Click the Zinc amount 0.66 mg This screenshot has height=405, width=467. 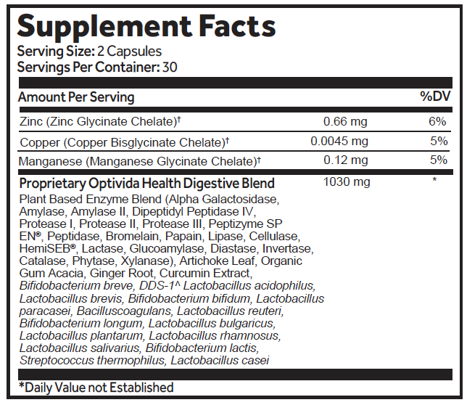[x=345, y=120]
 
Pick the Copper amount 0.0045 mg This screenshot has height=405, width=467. [x=339, y=141]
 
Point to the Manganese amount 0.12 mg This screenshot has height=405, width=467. [x=345, y=160]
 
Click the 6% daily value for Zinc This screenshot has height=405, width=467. [x=437, y=120]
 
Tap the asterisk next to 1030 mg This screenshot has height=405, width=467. [x=434, y=181]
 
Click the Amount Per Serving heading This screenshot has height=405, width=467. [x=76, y=97]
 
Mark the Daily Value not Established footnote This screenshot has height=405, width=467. [x=96, y=388]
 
